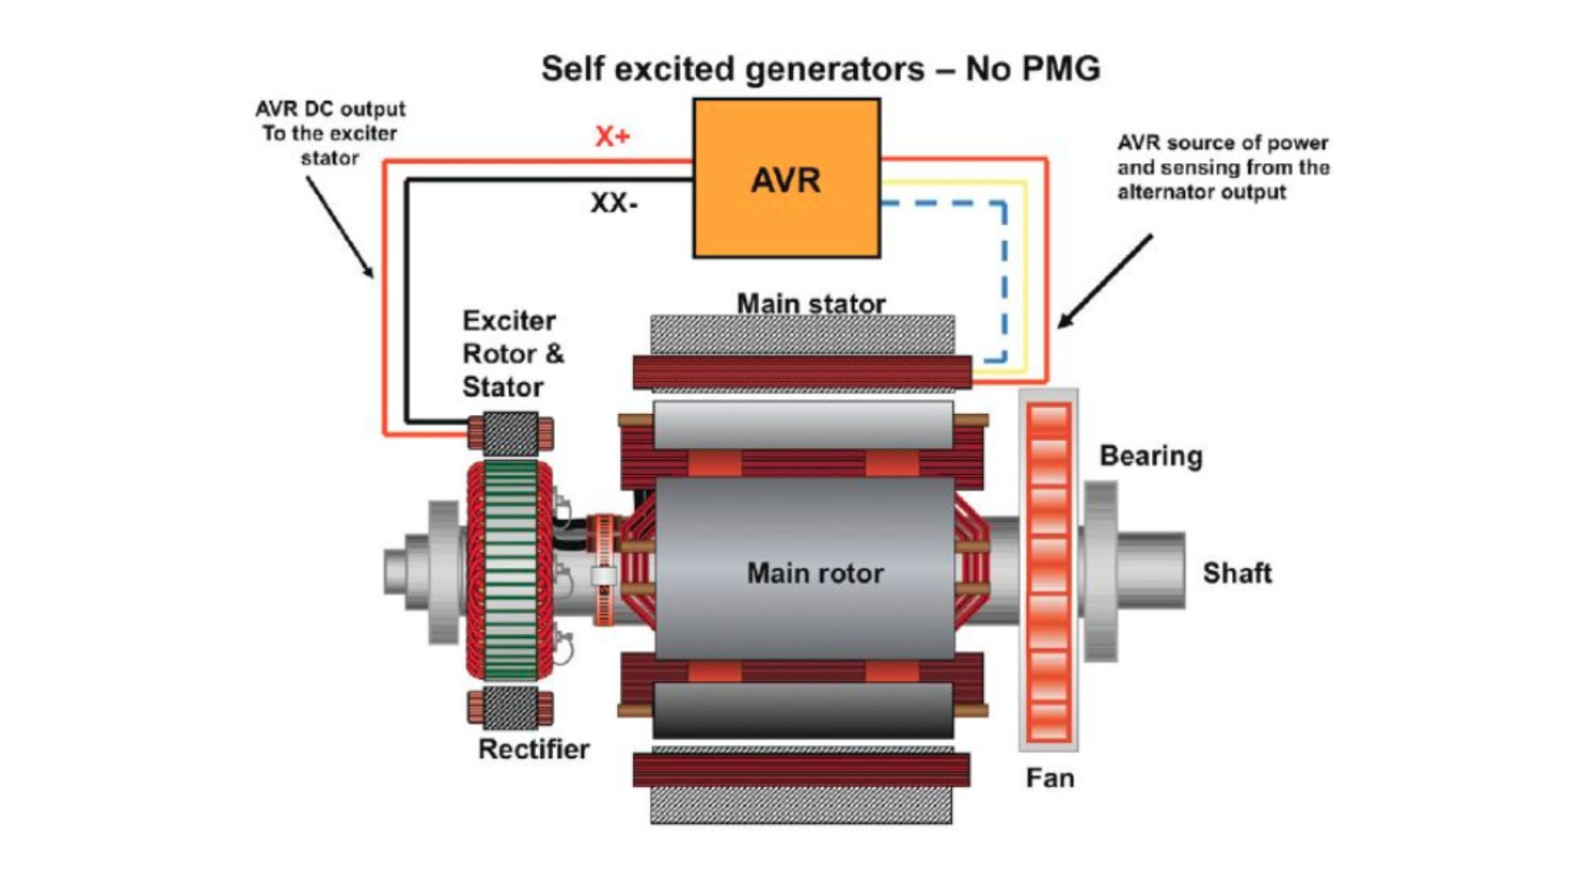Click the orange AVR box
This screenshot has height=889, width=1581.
click(786, 179)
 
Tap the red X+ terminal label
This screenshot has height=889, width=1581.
click(612, 136)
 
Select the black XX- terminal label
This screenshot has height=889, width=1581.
click(613, 202)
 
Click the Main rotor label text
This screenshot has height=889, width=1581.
click(814, 573)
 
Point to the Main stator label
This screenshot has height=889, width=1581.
click(810, 304)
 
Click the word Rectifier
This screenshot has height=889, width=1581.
click(534, 749)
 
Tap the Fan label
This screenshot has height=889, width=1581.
click(1049, 778)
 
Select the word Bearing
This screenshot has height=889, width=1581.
click(1150, 456)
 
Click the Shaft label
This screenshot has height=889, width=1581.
click(1237, 573)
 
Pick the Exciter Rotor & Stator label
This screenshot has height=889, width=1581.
click(511, 354)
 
